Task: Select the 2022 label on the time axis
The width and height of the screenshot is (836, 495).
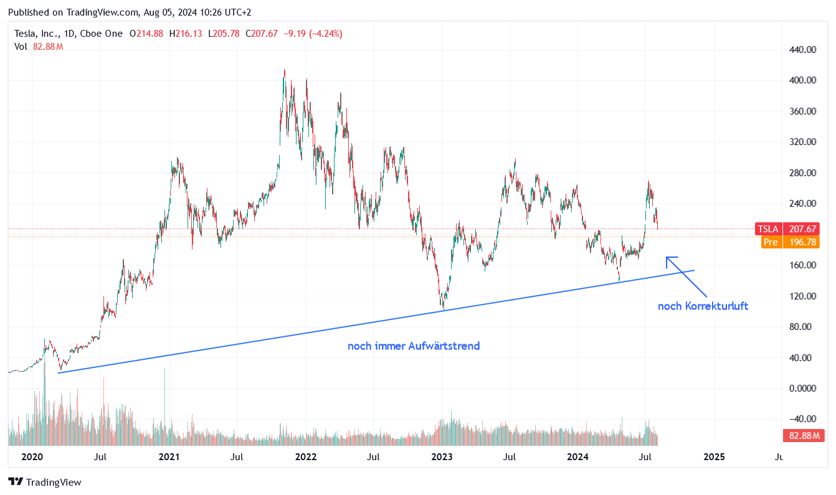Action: [306, 457]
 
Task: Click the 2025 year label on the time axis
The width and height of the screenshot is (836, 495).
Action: [714, 457]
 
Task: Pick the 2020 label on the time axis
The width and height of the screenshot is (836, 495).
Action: [32, 457]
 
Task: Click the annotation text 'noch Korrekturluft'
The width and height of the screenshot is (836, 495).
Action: [703, 306]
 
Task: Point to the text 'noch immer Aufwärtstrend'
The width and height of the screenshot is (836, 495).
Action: [414, 346]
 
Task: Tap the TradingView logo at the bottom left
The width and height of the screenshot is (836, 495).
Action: [45, 482]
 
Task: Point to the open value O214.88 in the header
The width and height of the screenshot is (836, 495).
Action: [146, 34]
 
